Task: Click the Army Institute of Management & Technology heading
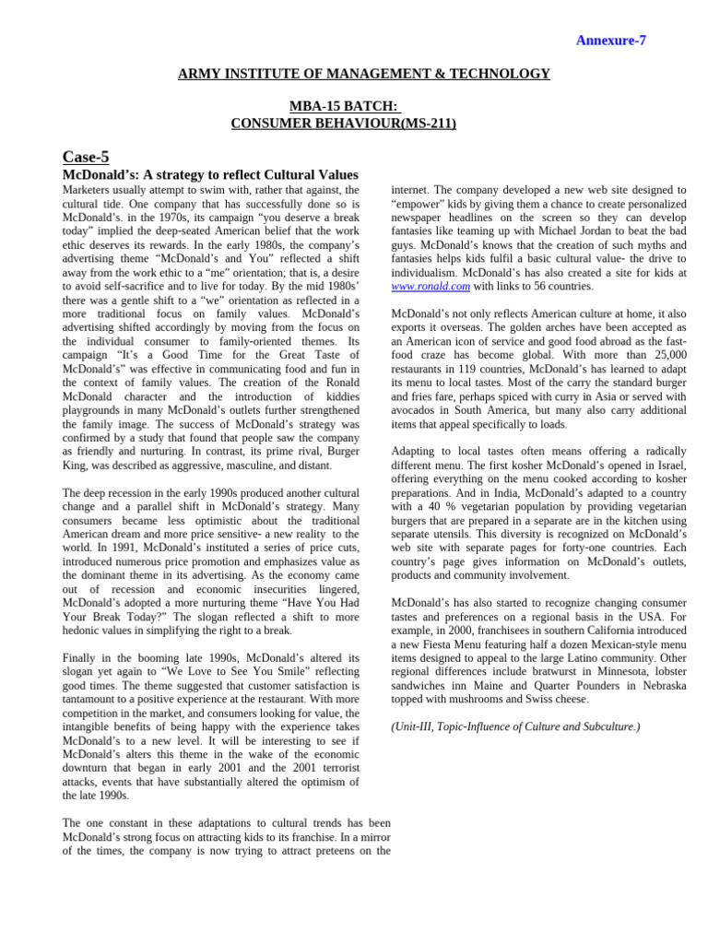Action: pos(364,74)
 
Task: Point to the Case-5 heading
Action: pos(85,157)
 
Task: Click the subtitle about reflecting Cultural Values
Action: pos(209,174)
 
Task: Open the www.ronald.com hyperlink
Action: pos(431,287)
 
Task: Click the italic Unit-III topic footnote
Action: pos(515,726)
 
